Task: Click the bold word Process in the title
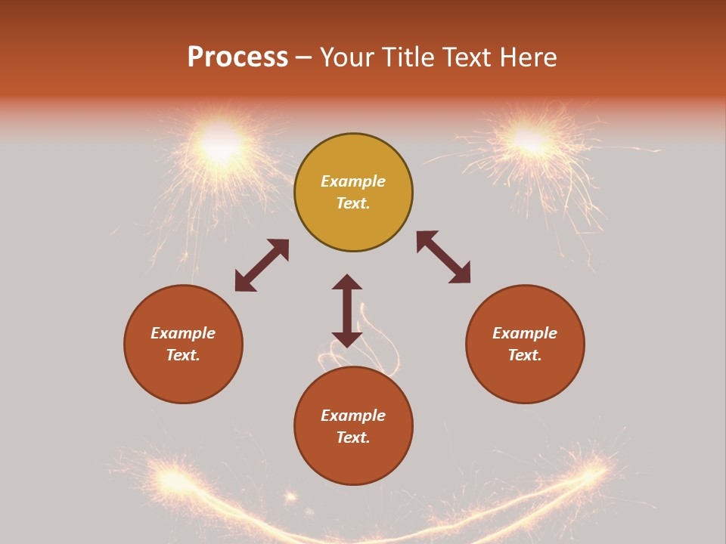[237, 57]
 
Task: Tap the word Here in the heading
[529, 57]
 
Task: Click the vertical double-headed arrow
[347, 311]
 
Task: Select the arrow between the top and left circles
[262, 265]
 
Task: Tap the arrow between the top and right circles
[443, 257]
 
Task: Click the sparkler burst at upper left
[220, 144]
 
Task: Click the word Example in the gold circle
[353, 181]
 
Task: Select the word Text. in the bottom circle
[353, 437]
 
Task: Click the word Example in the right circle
[525, 333]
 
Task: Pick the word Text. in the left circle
[183, 355]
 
